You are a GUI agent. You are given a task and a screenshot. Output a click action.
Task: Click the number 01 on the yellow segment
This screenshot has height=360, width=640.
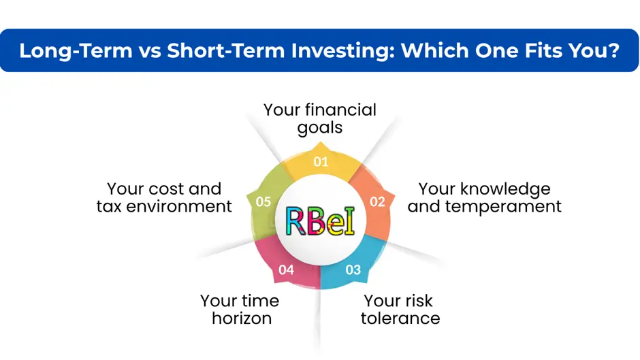(x=321, y=162)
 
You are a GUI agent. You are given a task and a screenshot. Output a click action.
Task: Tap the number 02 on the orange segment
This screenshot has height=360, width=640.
(x=378, y=201)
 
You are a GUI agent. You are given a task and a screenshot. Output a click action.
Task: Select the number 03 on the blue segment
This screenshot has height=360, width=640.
(x=353, y=269)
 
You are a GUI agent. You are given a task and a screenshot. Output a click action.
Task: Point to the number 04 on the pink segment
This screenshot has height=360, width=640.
(x=286, y=269)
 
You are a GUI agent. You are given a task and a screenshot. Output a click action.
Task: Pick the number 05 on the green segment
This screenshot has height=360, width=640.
(x=263, y=201)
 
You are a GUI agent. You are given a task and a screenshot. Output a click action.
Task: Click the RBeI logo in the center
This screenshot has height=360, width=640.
(x=321, y=221)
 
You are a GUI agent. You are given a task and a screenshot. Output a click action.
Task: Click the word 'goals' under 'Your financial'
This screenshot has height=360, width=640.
(x=319, y=128)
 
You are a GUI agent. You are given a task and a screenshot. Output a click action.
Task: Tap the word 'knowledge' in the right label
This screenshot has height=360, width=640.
(x=505, y=189)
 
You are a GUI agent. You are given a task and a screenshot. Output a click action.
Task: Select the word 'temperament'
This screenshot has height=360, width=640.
(x=503, y=206)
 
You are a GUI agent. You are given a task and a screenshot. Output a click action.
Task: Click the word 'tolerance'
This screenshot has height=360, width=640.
(x=400, y=318)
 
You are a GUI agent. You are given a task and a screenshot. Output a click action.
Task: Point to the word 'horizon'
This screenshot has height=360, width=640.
(x=242, y=318)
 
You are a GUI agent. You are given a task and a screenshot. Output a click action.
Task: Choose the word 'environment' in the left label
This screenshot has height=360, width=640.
(x=179, y=206)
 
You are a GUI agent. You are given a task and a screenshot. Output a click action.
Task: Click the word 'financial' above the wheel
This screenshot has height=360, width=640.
(x=340, y=110)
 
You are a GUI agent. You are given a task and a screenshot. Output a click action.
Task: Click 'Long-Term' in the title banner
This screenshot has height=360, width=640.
(x=76, y=50)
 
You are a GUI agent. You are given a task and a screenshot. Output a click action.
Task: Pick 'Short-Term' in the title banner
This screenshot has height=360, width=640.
(x=226, y=50)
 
